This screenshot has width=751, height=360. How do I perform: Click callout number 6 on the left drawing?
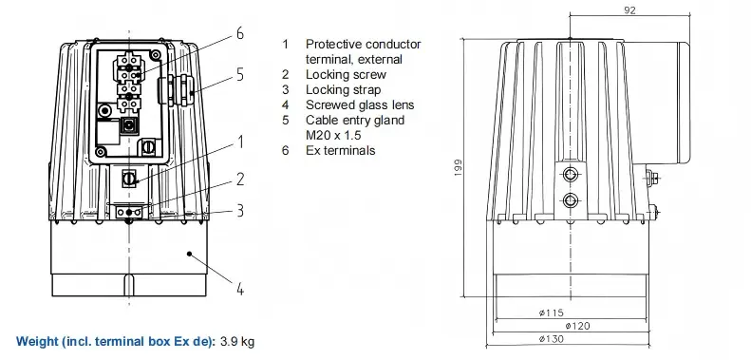(240, 33)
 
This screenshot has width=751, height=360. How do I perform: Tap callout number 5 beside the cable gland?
(240, 75)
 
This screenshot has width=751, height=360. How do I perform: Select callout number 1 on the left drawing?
(240, 142)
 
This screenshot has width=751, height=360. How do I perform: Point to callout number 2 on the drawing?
(240, 180)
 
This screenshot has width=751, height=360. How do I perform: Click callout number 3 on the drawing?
(240, 211)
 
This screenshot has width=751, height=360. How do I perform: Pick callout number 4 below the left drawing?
(240, 289)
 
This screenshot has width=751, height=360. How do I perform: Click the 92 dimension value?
(630, 9)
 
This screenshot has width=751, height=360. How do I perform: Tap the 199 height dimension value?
(459, 168)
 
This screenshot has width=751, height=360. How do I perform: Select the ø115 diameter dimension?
(551, 313)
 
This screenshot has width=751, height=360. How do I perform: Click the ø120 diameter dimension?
(577, 326)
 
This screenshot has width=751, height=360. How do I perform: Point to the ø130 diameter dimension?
(551, 339)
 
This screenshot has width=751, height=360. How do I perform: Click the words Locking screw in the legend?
(346, 75)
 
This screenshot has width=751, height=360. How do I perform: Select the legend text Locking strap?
(344, 89)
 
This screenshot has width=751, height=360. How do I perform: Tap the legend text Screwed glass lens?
(360, 105)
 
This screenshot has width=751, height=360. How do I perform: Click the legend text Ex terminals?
(341, 150)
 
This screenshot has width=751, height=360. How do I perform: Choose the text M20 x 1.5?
(333, 135)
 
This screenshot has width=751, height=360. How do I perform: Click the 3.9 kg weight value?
(237, 342)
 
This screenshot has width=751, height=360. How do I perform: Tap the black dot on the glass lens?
(190, 253)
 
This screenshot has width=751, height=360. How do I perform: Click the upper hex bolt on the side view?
(570, 175)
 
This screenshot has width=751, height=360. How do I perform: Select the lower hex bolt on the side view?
(570, 199)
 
